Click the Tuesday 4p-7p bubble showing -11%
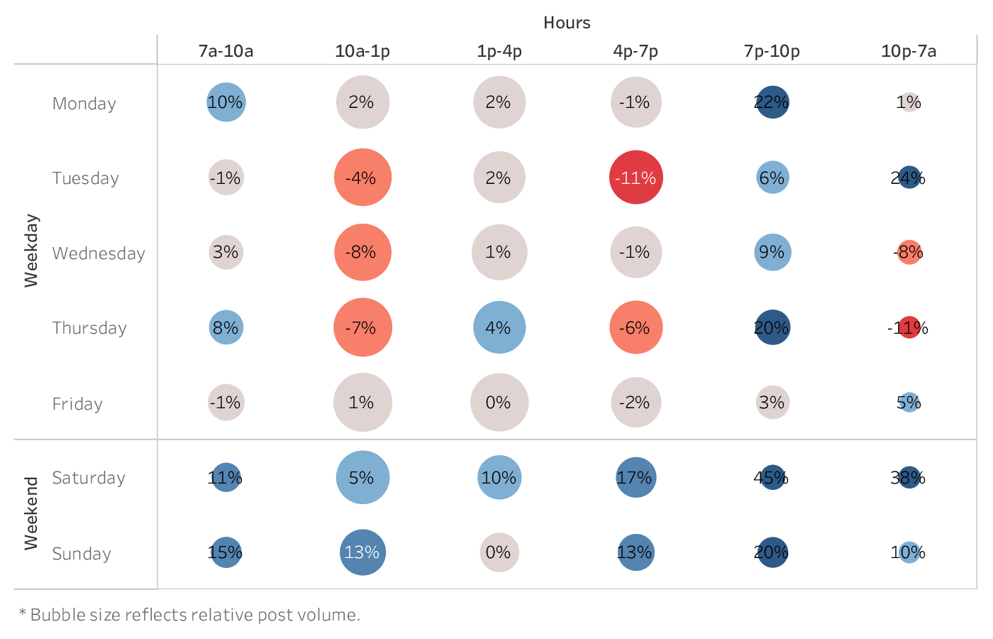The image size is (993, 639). pos(636,177)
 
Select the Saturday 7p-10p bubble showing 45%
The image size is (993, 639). pos(772,478)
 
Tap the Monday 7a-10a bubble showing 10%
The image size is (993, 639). pos(226,102)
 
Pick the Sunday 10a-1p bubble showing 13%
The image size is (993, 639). pos(362,552)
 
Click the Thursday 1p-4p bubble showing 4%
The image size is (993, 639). pos(499,327)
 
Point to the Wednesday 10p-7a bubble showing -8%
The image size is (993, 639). pos(909,252)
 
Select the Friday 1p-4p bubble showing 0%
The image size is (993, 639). pos(499,403)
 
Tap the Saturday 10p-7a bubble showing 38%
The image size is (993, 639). pos(909,478)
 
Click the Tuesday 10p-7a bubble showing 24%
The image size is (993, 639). pos(909,177)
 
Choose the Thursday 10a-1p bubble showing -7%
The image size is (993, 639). pos(362,327)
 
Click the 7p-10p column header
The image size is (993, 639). pos(772,51)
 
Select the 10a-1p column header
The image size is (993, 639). pos(362,51)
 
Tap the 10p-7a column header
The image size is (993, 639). pos(909,51)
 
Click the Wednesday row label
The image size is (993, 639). pos(99,253)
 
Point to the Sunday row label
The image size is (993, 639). pos(82,554)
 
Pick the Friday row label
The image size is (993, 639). pos(77,404)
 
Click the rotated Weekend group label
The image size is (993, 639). pos(31,513)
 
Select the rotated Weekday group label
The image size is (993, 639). pos(31,251)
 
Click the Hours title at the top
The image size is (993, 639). pos(567,23)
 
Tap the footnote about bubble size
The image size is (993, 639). pos(189,615)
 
